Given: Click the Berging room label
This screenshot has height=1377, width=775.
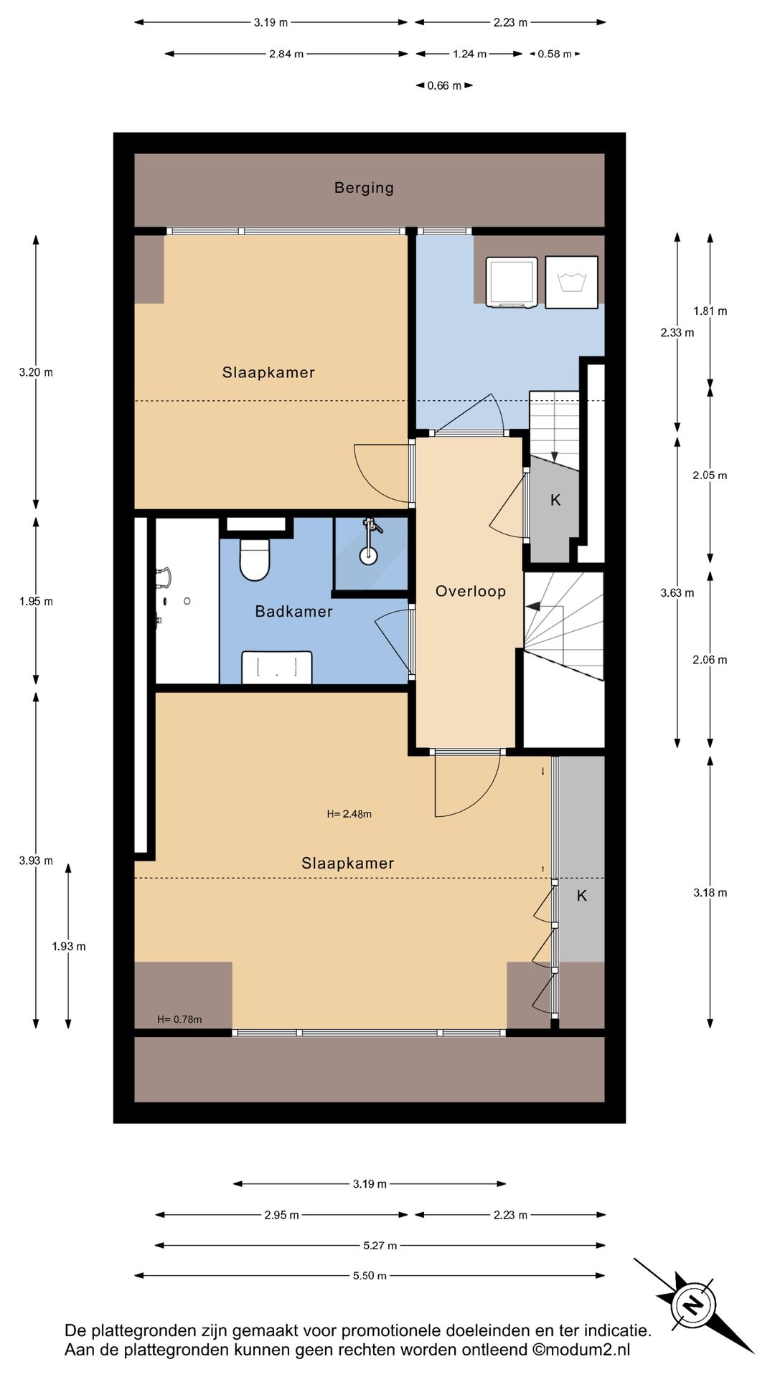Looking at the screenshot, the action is click(364, 188).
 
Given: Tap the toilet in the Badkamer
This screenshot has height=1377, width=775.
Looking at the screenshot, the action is click(254, 559).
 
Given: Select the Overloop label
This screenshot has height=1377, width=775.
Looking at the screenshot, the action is click(471, 591).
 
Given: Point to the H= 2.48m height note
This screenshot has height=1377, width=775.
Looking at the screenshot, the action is click(349, 814).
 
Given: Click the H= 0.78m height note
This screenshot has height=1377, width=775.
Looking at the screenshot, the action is click(179, 1019).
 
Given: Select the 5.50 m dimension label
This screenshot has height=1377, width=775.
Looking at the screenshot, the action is click(370, 1275).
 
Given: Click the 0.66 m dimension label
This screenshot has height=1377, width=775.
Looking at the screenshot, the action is click(444, 85).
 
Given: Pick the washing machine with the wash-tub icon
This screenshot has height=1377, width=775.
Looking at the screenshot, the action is click(571, 282).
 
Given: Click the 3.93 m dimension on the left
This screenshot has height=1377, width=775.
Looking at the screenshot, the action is click(36, 861).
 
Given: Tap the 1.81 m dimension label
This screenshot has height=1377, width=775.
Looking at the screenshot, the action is click(710, 311).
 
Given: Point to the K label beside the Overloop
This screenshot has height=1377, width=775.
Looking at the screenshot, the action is click(555, 500).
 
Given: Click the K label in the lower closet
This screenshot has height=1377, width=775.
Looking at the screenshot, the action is click(582, 895).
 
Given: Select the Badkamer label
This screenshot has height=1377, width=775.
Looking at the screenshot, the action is click(294, 611).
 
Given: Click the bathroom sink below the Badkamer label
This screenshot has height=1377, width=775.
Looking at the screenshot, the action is click(277, 667).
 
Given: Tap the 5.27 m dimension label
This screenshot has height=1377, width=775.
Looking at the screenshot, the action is click(380, 1245).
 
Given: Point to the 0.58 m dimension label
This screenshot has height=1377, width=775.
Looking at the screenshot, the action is click(555, 54).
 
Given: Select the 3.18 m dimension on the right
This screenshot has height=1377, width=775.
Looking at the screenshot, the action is click(710, 893).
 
